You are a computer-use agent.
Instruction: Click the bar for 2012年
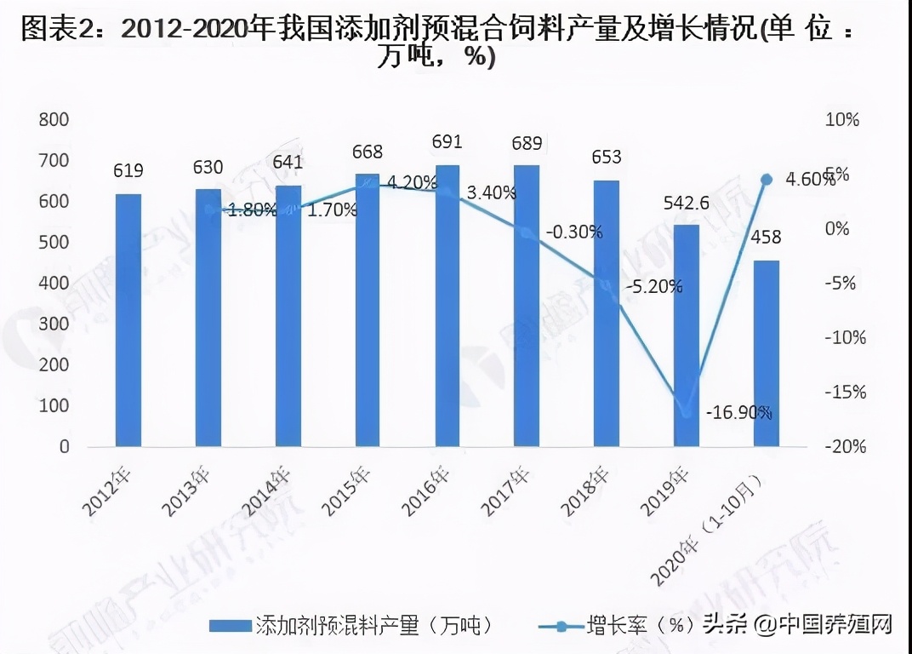click(x=128, y=320)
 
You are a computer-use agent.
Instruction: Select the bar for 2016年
click(x=447, y=306)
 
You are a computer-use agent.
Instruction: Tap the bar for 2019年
click(x=687, y=336)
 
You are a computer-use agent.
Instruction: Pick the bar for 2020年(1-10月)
click(x=766, y=353)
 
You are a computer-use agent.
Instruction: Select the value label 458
click(x=766, y=238)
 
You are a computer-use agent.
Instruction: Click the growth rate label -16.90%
click(x=738, y=413)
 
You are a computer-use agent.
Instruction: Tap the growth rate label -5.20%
click(x=653, y=287)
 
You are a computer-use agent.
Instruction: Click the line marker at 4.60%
click(x=766, y=179)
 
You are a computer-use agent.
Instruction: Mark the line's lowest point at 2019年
click(x=687, y=413)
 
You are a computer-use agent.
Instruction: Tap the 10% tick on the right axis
click(x=842, y=120)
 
